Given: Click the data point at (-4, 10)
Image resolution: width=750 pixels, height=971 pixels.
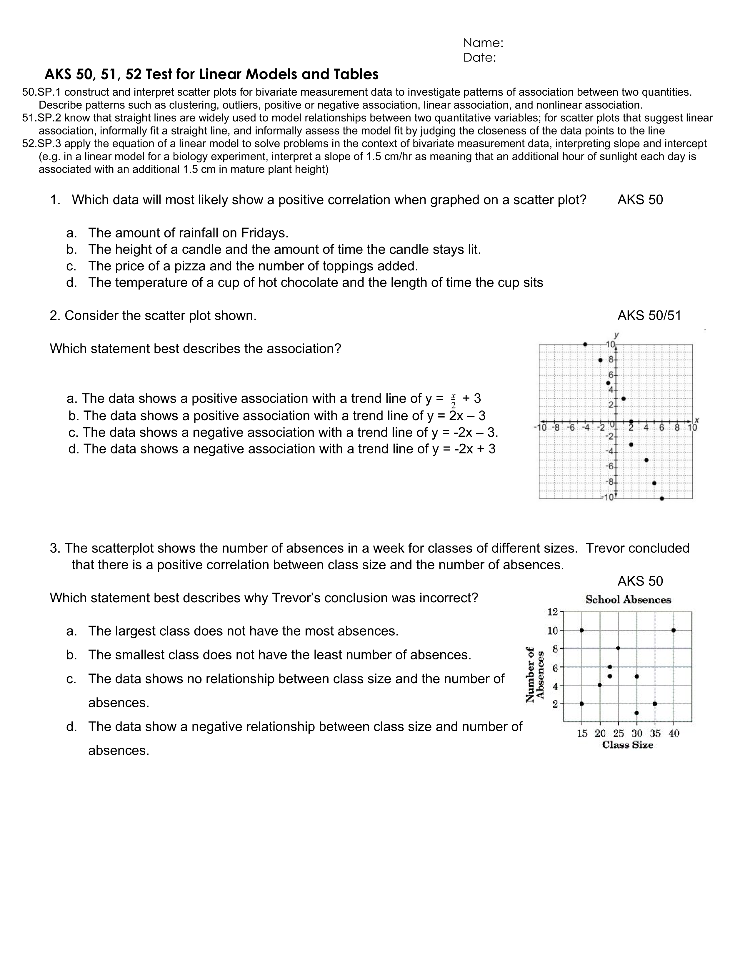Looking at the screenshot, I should point(585,345).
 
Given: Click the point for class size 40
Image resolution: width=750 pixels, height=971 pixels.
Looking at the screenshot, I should point(674,630).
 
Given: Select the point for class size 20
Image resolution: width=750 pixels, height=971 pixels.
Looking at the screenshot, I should point(600,685).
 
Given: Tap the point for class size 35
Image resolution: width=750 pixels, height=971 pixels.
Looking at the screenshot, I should point(655,703).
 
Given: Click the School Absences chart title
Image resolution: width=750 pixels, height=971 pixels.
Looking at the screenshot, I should point(628,600).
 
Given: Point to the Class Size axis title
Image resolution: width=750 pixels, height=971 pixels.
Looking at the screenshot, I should point(627,745).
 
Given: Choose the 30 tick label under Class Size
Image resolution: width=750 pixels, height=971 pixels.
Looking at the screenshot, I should point(637,733).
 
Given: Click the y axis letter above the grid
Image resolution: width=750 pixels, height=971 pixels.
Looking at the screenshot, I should point(616,335).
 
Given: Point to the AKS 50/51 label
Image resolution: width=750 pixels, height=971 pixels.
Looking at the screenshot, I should point(649,316).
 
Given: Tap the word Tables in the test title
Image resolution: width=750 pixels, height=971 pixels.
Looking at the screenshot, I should point(357,74).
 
